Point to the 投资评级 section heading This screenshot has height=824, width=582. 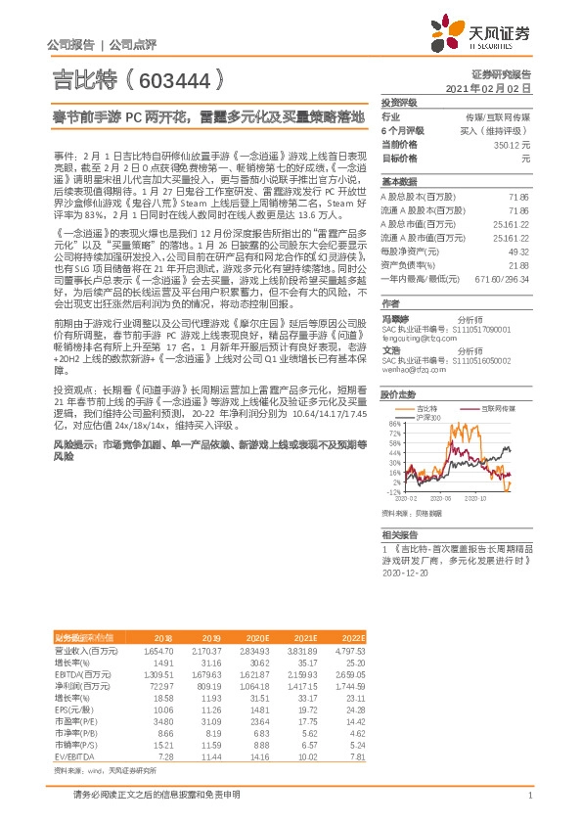tap(399, 102)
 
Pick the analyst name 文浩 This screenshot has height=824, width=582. tap(391, 348)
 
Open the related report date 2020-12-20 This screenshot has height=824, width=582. tap(406, 575)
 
